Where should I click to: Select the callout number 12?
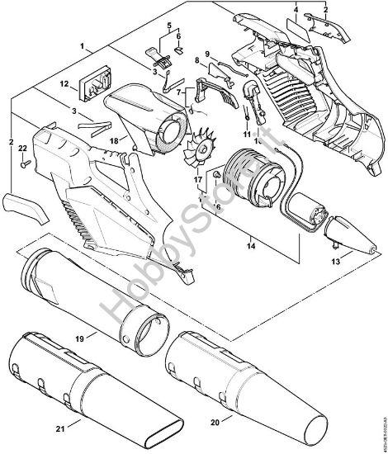pos(64,84)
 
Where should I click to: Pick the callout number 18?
pos(126,141)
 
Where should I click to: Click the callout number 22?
pos(23,147)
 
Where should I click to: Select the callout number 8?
pos(196,60)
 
